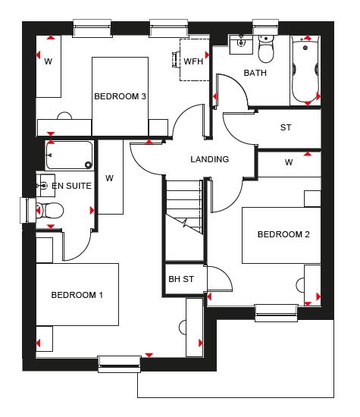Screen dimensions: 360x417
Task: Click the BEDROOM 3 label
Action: point(121,96)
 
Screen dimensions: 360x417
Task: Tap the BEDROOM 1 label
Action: point(77,295)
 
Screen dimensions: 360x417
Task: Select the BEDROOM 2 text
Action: point(283,234)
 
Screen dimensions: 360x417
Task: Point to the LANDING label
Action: point(209,159)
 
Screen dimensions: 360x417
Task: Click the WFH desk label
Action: point(193,61)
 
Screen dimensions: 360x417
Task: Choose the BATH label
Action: point(255,73)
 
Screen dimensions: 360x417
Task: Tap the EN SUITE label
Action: point(71,186)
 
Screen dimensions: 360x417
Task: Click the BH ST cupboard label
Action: point(181,279)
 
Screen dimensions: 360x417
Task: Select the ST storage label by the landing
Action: point(286,127)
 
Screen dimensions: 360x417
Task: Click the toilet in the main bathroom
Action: point(266,49)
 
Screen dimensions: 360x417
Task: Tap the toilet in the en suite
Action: point(49,210)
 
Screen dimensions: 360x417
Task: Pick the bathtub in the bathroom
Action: point(305,71)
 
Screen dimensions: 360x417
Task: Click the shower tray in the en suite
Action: point(70,155)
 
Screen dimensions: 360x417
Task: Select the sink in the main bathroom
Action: point(241,44)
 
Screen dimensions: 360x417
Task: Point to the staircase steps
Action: point(184,207)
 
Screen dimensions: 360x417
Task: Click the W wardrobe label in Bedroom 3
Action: point(48,61)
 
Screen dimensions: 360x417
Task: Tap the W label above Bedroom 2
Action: point(289,162)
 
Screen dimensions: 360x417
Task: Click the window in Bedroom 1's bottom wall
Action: point(119,365)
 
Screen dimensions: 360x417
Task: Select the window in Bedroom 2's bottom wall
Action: point(276,313)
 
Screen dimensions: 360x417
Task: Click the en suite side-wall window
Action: point(28,210)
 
